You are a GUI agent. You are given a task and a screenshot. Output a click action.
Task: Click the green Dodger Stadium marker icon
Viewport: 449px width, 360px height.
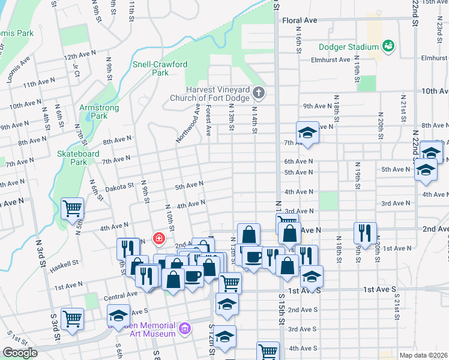388,46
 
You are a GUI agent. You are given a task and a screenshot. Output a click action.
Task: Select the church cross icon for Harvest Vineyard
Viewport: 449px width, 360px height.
259,92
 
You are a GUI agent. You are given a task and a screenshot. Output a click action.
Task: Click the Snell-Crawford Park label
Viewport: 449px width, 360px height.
151,68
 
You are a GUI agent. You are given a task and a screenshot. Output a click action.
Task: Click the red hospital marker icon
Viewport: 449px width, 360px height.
158,239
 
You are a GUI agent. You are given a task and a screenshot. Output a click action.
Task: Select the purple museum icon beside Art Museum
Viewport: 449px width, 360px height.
185,329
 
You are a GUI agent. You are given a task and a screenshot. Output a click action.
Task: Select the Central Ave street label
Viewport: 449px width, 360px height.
121,296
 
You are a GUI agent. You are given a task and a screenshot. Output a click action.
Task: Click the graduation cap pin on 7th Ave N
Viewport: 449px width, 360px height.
307,133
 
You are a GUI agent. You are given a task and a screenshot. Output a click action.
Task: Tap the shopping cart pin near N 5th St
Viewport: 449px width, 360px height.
72,209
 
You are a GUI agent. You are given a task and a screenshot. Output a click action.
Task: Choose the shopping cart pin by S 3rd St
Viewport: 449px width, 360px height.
72,319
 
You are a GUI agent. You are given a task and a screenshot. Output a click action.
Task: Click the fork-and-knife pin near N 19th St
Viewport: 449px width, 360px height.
365,232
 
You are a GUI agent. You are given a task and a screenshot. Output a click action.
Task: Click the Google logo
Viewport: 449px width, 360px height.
20,353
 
